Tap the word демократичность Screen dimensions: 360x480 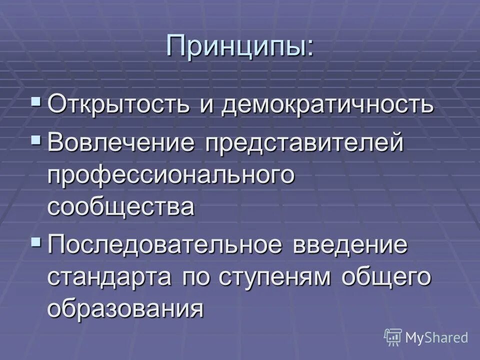(x=328, y=104)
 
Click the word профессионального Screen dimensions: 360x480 (x=169, y=175)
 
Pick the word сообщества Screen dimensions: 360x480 (x=120, y=206)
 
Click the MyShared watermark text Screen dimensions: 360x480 (x=436, y=338)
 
